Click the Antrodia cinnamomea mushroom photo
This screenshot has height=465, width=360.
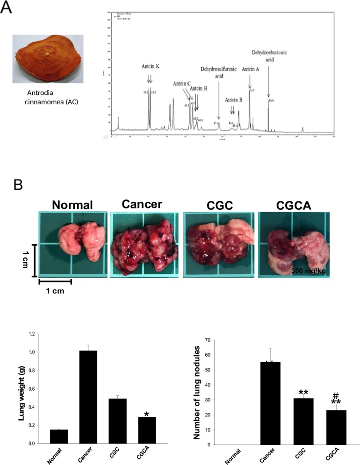coord(48,58)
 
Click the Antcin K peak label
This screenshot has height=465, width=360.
coord(151,67)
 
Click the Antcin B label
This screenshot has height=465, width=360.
coord(233,100)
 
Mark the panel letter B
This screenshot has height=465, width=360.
coord(18,185)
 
